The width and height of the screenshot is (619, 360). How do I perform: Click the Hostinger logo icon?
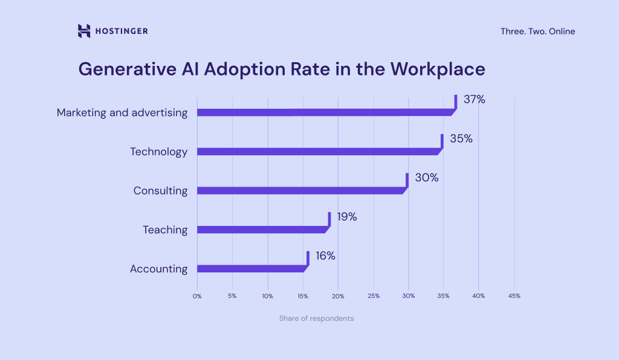(x=84, y=31)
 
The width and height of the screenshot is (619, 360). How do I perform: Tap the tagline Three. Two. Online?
(x=537, y=31)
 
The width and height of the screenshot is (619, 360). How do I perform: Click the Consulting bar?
(x=300, y=191)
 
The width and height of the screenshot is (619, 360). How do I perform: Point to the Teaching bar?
(x=261, y=230)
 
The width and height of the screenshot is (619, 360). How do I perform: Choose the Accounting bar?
(x=251, y=269)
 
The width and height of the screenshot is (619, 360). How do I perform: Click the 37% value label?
(x=474, y=100)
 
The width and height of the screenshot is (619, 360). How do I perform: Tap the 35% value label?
(x=461, y=139)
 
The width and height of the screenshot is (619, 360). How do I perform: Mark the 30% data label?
(x=426, y=178)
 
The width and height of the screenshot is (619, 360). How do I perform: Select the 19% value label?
(x=347, y=217)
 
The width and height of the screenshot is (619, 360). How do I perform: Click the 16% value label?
(x=325, y=256)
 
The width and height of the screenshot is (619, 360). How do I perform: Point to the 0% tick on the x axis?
(x=197, y=296)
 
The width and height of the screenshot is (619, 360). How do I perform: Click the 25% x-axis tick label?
(x=374, y=296)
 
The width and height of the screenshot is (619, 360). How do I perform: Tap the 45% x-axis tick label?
(x=514, y=296)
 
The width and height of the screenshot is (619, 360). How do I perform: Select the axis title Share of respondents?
(x=316, y=318)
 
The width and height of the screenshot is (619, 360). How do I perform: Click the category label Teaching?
(x=165, y=230)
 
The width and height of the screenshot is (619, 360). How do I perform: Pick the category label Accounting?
(x=158, y=269)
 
